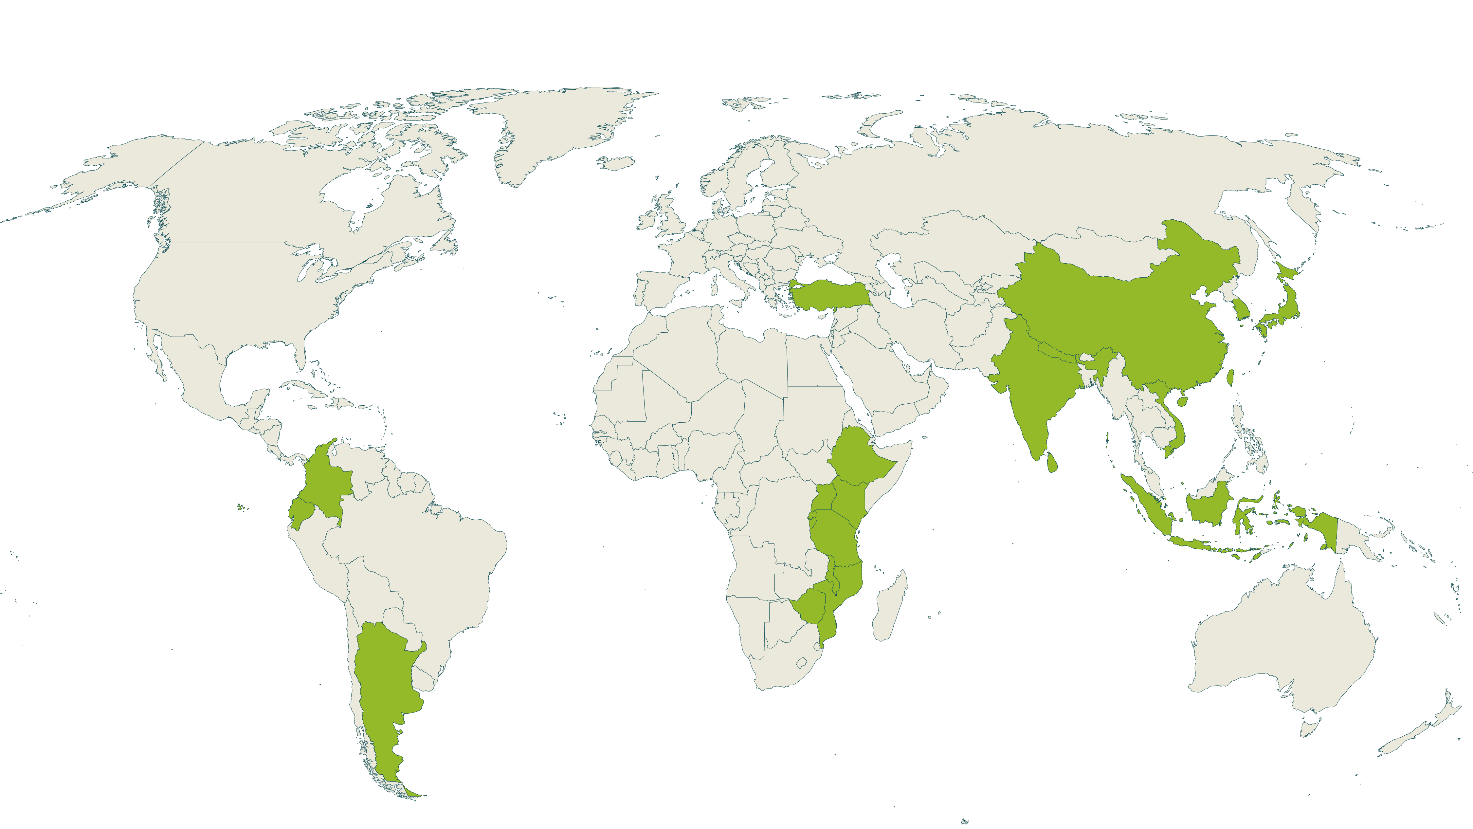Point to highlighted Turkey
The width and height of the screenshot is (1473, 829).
(x=829, y=295)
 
